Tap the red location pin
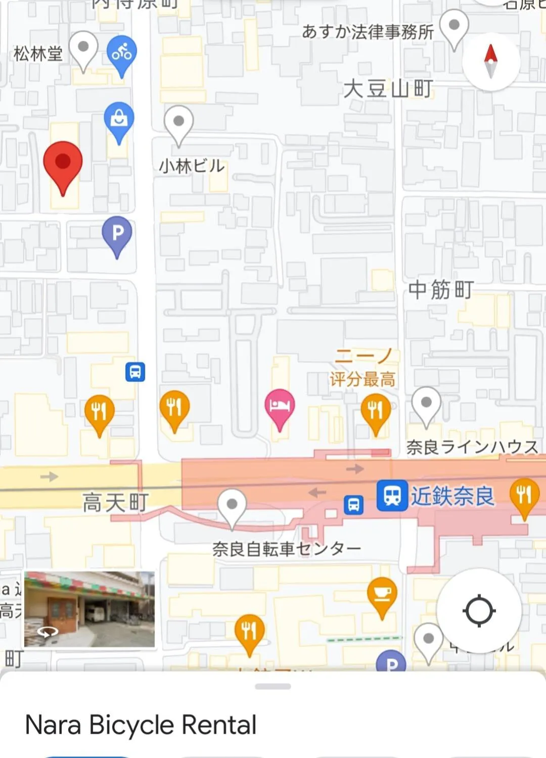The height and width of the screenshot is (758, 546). (x=63, y=164)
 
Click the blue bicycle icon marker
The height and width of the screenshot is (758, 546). (x=121, y=53)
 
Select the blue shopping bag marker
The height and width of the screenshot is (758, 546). (x=119, y=119)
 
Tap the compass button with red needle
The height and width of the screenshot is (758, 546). (x=490, y=62)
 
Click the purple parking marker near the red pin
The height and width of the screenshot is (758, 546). (x=117, y=234)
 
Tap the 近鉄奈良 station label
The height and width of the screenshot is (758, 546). (x=452, y=496)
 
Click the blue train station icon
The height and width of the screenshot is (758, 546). (x=392, y=495)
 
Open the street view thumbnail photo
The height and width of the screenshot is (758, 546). (x=89, y=609)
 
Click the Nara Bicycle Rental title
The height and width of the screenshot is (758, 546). (x=141, y=725)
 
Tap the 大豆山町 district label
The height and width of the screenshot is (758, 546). (x=388, y=89)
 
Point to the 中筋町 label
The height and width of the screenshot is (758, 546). (x=441, y=290)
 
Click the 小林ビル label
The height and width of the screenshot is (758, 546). (x=192, y=166)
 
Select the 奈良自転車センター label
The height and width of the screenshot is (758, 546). (x=286, y=548)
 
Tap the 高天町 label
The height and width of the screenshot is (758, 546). (x=115, y=502)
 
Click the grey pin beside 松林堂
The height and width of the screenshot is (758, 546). (x=83, y=49)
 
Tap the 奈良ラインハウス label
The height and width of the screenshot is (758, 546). (x=472, y=447)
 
